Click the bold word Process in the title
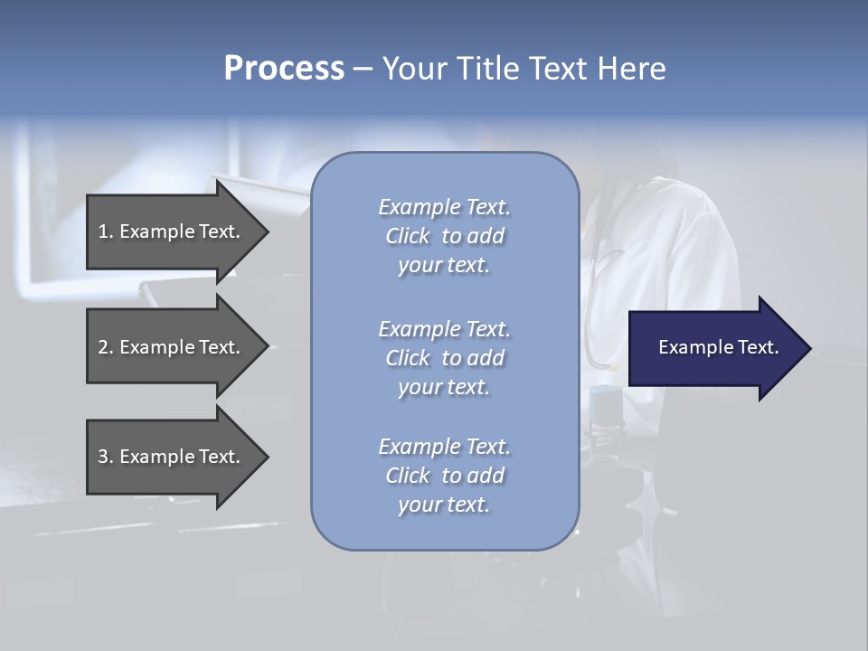tap(284, 69)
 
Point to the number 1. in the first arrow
tap(106, 231)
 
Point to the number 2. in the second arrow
tap(106, 347)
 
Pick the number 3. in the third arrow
tap(106, 457)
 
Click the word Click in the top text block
tap(408, 236)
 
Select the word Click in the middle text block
tap(408, 358)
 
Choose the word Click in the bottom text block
tap(408, 476)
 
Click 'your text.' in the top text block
tap(444, 266)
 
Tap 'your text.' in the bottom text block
tap(444, 505)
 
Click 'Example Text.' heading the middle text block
tap(444, 329)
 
